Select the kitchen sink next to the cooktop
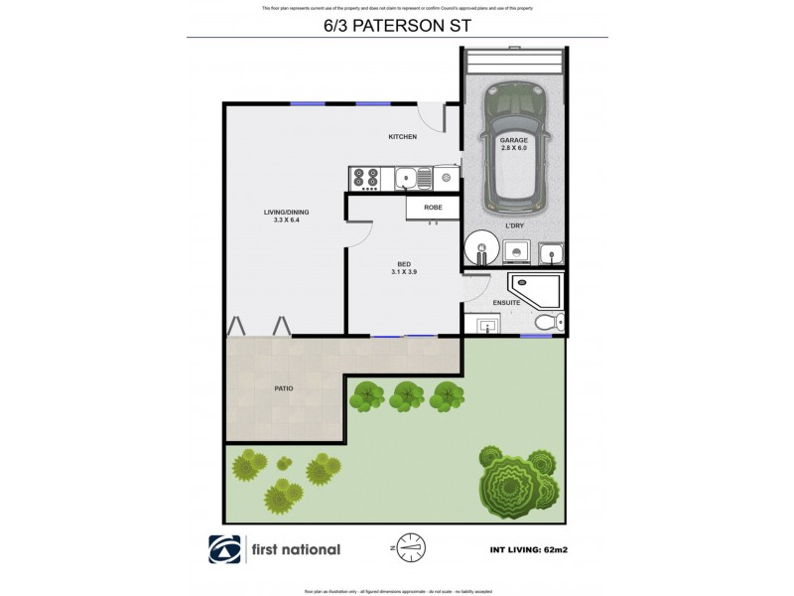[409, 179]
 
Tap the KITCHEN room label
[402, 136]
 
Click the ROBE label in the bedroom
[433, 208]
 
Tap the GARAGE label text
[513, 140]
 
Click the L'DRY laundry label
[515, 225]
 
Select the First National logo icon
[222, 549]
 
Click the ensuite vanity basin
[486, 326]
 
